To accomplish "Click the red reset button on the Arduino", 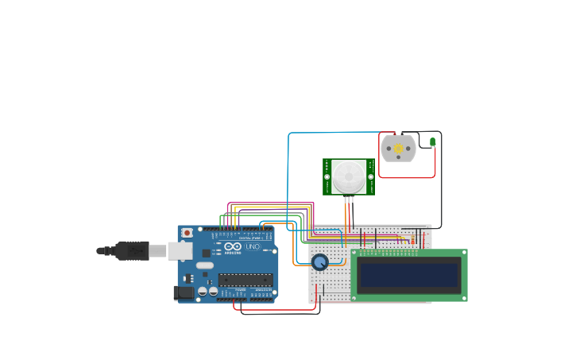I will click(187, 233).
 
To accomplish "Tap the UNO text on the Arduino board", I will click(252, 247).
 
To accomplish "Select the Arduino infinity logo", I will click(233, 247).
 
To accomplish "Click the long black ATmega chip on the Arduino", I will click(245, 279).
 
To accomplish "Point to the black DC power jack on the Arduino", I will click(184, 292).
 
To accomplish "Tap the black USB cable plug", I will click(132, 251).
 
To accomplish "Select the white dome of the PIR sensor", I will click(349, 176).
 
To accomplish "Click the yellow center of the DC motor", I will click(398, 149).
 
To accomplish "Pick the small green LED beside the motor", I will click(433, 142).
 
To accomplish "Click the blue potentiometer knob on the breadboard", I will click(320, 261).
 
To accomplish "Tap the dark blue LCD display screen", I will click(409, 276).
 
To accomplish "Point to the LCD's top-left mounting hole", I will click(355, 254).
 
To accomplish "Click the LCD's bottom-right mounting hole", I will click(463, 298).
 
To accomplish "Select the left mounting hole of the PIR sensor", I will click(327, 176).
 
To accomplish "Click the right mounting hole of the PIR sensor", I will click(371, 176).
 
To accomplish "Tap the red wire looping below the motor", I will click(405, 177).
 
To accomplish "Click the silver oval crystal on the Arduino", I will click(205, 265).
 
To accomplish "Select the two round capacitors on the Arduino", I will click(208, 292).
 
